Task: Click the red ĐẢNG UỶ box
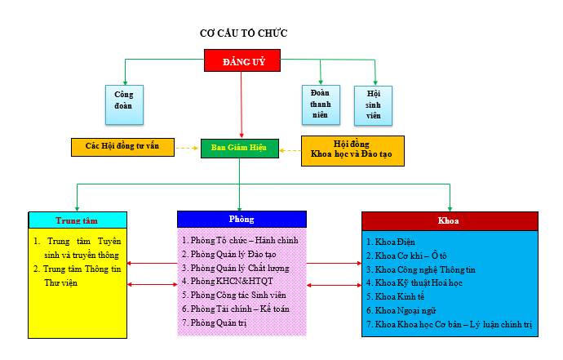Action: [x=241, y=60]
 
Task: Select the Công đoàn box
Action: [x=124, y=101]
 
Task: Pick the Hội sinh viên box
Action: [x=374, y=104]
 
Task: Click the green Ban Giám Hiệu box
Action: [x=240, y=148]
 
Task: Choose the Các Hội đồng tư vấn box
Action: [x=122, y=147]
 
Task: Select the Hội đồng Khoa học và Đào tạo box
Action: [x=352, y=152]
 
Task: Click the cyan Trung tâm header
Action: [x=78, y=220]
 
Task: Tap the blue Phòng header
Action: [x=242, y=219]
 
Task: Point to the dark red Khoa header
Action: [x=450, y=220]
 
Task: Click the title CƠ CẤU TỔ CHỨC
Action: [x=244, y=33]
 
